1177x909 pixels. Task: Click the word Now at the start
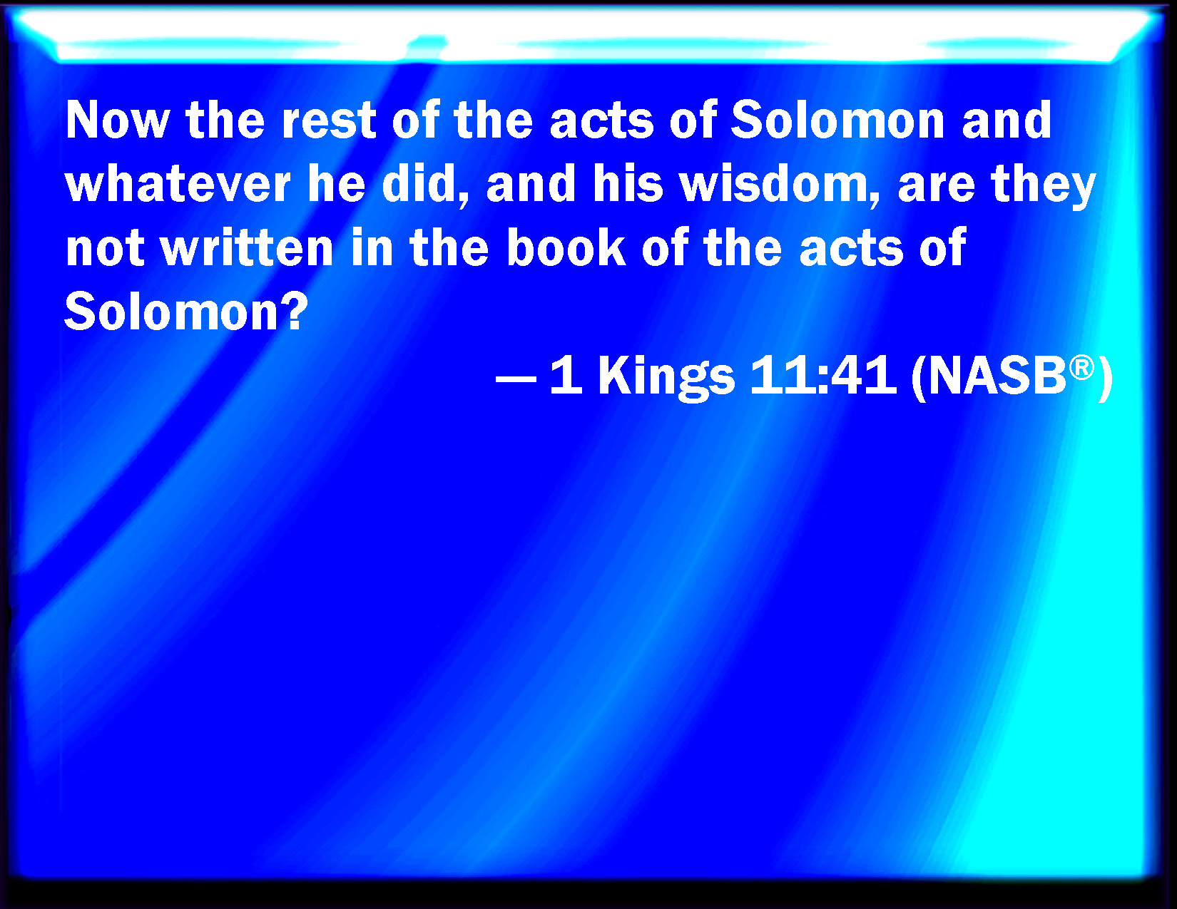[118, 120]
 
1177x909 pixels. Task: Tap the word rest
[328, 120]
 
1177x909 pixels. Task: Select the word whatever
[178, 184]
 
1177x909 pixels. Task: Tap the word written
[247, 248]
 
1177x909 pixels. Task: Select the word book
[566, 248]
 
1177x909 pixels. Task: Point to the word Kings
[666, 377]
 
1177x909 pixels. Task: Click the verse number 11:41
[822, 374]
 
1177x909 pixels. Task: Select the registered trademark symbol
[1081, 368]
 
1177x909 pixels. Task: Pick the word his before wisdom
[628, 184]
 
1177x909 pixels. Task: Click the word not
[105, 249]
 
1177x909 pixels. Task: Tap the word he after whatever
[337, 184]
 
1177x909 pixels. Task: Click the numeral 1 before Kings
[566, 374]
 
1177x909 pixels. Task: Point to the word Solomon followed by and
[837, 120]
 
